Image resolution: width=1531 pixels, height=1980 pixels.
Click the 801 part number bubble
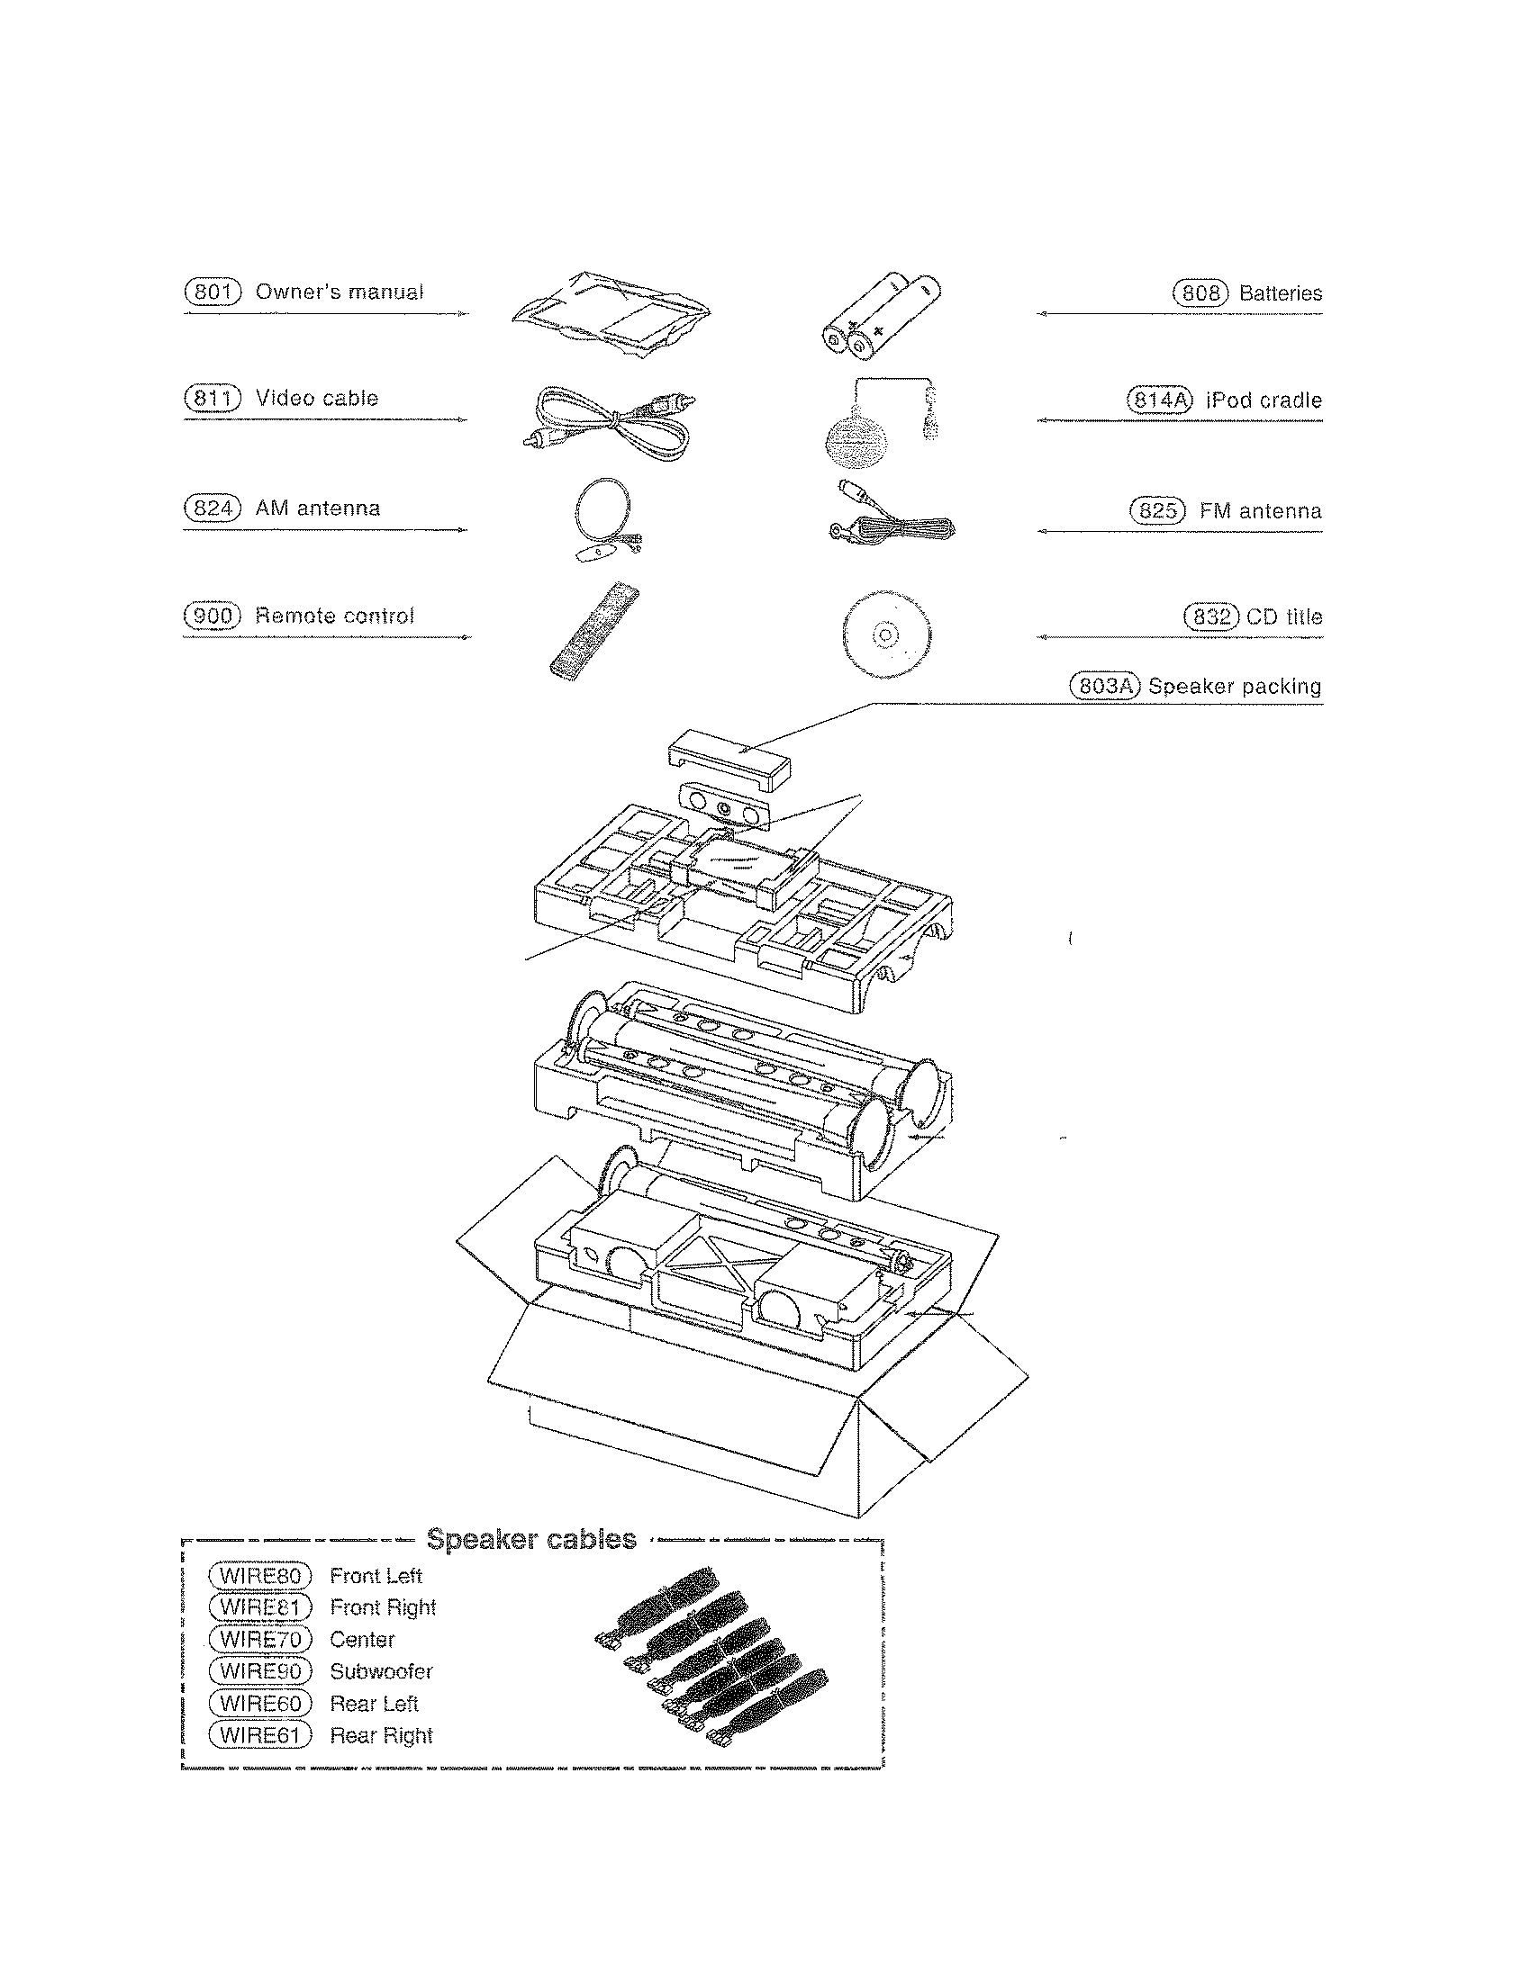[x=213, y=292]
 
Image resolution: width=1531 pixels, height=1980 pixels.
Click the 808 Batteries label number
[x=1200, y=292]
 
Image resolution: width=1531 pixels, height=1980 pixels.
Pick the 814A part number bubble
[x=1158, y=400]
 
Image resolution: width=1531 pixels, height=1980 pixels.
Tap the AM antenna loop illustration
[x=604, y=517]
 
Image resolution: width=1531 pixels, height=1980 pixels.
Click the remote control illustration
[x=594, y=632]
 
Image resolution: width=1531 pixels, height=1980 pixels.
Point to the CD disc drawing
[x=885, y=634]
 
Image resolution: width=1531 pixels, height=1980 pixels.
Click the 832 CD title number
[x=1210, y=616]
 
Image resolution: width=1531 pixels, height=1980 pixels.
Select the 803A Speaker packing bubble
[x=1103, y=687]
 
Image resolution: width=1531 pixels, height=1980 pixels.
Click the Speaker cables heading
[x=531, y=1539]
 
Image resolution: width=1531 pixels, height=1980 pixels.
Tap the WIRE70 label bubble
[x=260, y=1639]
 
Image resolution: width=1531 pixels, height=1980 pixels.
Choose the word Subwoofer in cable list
[x=381, y=1671]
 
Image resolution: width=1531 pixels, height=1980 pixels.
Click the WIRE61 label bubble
[x=260, y=1735]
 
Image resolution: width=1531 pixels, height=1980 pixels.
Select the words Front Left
[x=376, y=1576]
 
